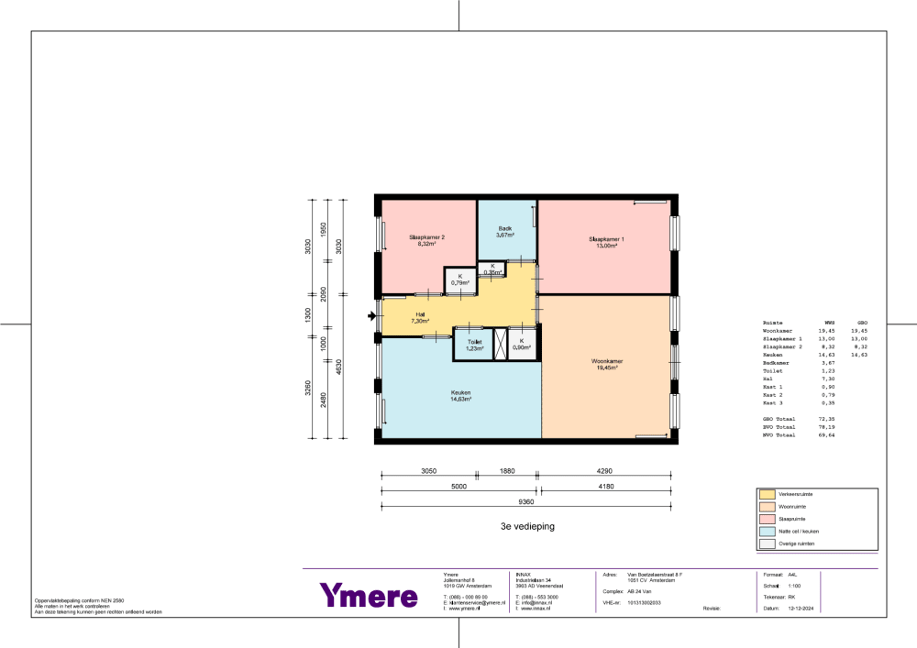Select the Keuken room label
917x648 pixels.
[460, 395]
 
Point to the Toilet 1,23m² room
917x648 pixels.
[474, 345]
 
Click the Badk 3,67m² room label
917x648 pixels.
[505, 232]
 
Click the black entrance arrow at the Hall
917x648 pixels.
[371, 317]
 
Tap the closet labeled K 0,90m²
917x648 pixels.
[521, 345]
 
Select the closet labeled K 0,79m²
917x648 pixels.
[459, 280]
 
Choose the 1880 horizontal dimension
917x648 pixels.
[507, 470]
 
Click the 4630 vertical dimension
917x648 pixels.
[338, 367]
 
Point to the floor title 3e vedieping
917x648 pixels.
[527, 527]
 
